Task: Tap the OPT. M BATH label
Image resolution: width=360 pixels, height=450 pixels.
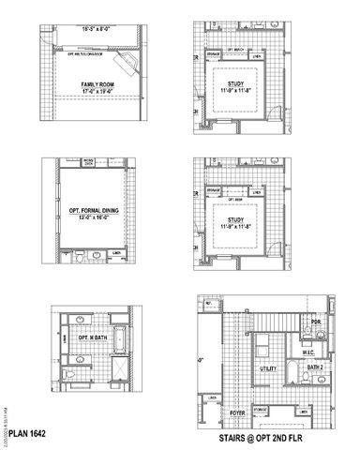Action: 86,337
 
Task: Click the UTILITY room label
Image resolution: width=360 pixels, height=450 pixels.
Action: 267,369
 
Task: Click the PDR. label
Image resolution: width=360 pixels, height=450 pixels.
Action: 316,323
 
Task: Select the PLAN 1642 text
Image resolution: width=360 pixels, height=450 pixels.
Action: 27,435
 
